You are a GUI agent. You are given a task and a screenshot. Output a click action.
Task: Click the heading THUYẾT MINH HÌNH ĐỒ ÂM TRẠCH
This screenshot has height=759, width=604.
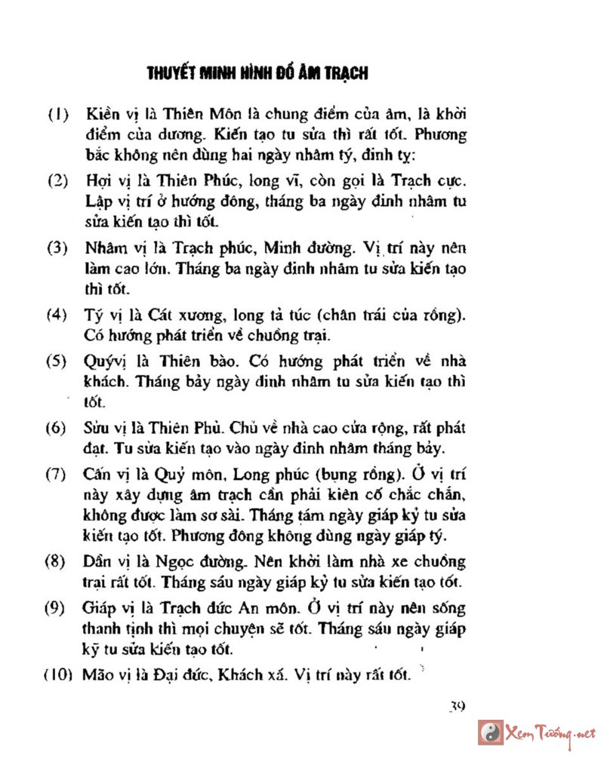pos(257,73)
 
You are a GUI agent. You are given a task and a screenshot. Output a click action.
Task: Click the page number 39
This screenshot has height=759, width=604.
pos(455,707)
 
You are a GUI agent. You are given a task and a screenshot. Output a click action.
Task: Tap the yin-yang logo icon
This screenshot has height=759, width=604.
pos(490,732)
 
